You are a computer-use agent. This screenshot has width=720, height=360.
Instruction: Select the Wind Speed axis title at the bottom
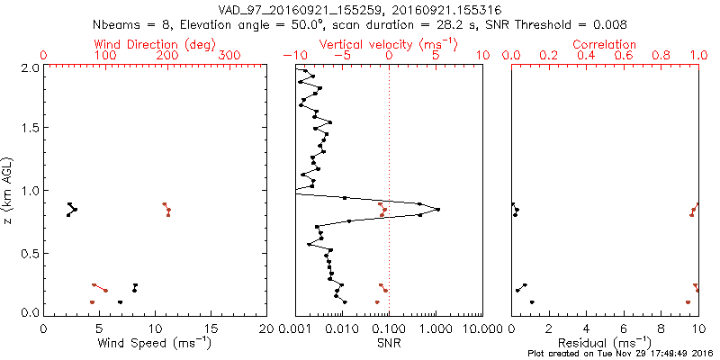(x=155, y=342)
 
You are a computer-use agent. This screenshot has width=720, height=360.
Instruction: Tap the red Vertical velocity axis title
(x=388, y=44)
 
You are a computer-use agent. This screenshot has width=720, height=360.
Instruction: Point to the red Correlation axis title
(x=605, y=44)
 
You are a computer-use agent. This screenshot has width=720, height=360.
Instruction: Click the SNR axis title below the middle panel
(x=389, y=342)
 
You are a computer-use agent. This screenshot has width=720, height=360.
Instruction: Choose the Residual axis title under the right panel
(x=605, y=342)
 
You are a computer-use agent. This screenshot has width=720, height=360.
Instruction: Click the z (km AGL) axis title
(x=10, y=189)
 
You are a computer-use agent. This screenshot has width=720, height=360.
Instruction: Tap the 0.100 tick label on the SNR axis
(x=389, y=328)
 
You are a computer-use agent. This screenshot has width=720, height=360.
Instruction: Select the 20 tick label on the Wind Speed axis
(x=267, y=328)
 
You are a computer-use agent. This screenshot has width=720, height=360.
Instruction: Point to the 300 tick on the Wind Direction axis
(x=230, y=56)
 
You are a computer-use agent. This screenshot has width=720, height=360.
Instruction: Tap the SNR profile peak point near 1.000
(x=437, y=209)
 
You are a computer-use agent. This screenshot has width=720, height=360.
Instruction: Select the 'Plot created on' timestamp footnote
(x=621, y=354)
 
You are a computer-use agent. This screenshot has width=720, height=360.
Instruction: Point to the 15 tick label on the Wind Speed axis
(x=211, y=328)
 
